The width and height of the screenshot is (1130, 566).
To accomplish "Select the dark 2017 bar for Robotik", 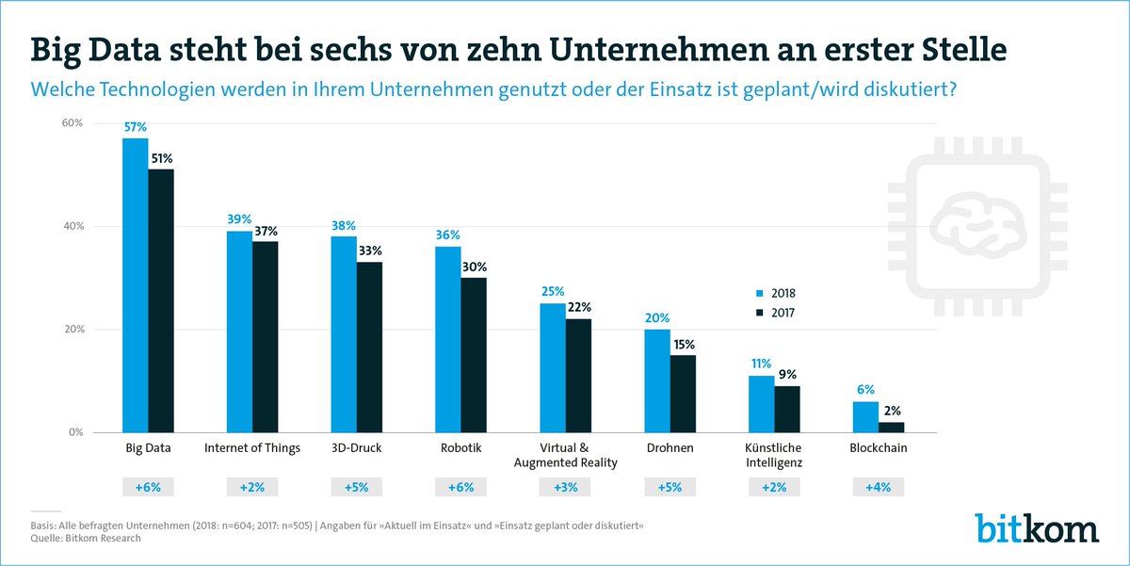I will tap(474, 355).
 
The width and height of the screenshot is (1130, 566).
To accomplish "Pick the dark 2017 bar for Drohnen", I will tap(682, 394).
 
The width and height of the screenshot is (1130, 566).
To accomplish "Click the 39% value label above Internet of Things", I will tap(238, 218).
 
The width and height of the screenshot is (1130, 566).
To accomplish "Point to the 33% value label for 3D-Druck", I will tap(370, 251).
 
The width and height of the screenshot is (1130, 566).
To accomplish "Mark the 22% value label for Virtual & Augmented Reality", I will tap(579, 307).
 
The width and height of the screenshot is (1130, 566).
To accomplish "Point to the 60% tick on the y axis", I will tap(73, 123).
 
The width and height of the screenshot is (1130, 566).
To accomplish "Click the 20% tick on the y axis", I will tap(73, 330).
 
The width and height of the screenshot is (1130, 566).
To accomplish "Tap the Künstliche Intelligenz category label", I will tap(774, 456).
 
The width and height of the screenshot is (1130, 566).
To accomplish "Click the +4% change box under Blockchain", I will tap(878, 488).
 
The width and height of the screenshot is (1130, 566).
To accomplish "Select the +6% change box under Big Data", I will tap(148, 488).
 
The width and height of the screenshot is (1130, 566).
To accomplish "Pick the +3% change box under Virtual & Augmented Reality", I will tap(565, 488).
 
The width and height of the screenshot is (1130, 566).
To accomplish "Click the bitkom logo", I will tap(1036, 527).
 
